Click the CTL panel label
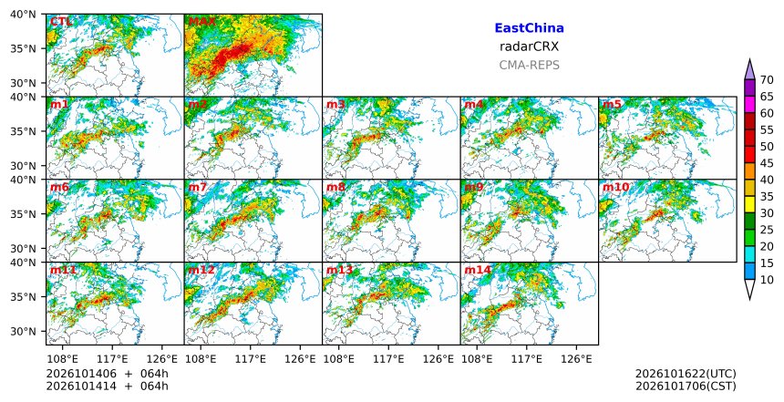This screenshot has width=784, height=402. point(60,22)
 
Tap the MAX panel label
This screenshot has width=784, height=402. point(202,22)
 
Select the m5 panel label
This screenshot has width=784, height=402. point(612,105)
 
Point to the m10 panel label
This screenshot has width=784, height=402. point(615,188)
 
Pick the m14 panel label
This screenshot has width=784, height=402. point(478,271)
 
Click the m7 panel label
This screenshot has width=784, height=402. point(198,188)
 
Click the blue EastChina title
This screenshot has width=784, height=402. point(529,28)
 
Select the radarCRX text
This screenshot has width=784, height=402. point(529,46)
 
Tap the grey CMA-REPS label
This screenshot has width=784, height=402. point(529,65)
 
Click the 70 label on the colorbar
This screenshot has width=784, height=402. point(767,79)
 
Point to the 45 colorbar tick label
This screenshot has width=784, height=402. point(767,163)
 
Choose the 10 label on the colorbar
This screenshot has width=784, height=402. point(767,280)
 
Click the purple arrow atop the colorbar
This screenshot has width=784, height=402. point(749,70)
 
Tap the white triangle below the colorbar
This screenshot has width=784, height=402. point(749,288)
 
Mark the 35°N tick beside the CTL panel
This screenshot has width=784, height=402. point(23,48)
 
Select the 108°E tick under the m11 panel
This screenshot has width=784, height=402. point(63,359)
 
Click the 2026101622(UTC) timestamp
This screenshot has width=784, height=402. point(686,374)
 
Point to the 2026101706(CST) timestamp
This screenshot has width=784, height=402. point(686,386)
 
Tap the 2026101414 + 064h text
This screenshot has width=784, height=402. point(107,386)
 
